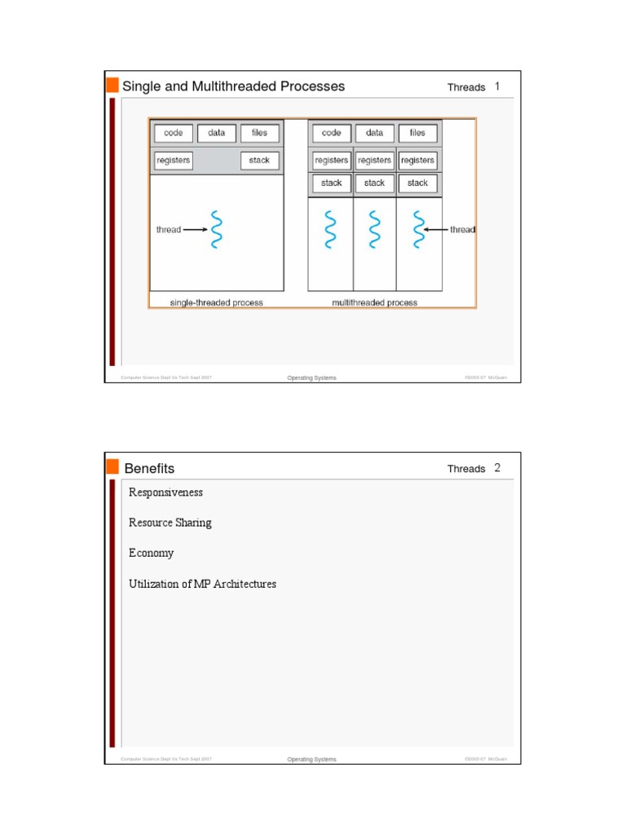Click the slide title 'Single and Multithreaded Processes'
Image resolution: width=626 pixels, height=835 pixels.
[x=233, y=86]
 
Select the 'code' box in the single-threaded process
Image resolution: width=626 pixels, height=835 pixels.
[x=174, y=133]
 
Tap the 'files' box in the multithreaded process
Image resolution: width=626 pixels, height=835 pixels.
[x=417, y=133]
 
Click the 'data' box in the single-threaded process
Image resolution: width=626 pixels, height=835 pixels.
[x=217, y=133]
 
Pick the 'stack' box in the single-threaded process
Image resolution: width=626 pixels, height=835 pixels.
[x=259, y=161]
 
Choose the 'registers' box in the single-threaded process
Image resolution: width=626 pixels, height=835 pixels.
[x=173, y=161]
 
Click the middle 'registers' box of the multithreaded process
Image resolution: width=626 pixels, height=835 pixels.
[x=375, y=161]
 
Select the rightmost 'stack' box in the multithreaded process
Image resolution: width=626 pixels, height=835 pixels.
[x=417, y=183]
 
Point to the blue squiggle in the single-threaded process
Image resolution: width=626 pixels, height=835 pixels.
[x=216, y=230]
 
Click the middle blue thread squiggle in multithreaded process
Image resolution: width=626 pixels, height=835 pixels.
[x=375, y=230]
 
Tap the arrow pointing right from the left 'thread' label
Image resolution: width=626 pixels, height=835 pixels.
[x=196, y=230]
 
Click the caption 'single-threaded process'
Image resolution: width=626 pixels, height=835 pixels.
[x=216, y=303]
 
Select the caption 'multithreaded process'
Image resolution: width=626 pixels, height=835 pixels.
[x=375, y=303]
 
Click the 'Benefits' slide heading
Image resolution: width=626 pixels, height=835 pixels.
[x=149, y=468]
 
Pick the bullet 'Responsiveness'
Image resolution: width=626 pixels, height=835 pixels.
[x=165, y=493]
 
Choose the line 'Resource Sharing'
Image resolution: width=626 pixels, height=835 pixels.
[x=170, y=523]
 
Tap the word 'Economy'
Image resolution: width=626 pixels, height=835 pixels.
[x=151, y=553]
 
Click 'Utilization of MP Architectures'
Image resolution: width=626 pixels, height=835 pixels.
[x=202, y=584]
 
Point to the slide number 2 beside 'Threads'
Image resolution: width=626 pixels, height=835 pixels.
[x=497, y=468]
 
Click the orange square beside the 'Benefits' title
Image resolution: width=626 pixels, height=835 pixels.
[x=112, y=466]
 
